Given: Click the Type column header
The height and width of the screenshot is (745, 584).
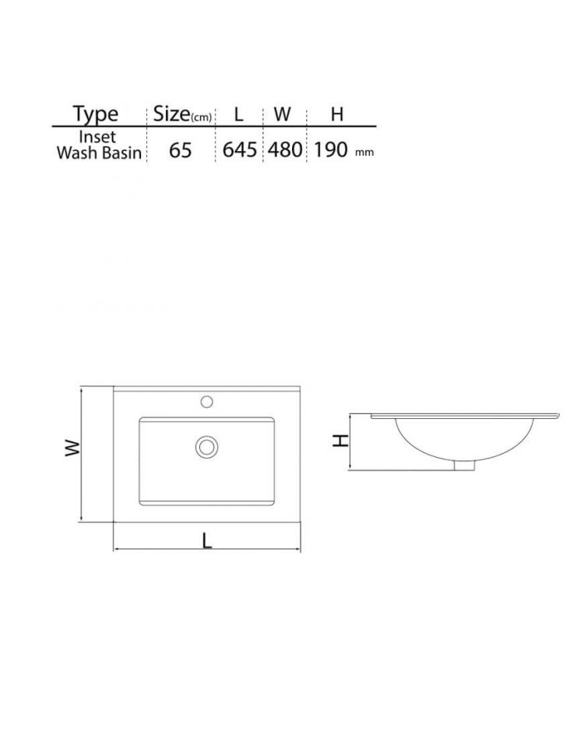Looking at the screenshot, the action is [x=96, y=114].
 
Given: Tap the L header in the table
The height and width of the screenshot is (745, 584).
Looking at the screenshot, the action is [x=238, y=114].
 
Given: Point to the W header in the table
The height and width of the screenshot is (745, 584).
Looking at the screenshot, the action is [x=282, y=114].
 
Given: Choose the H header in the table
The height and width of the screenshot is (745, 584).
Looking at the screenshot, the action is [x=337, y=114].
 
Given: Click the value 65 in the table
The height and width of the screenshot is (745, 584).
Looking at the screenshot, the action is [x=181, y=150].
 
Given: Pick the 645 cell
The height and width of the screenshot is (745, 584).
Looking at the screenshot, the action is [x=240, y=149].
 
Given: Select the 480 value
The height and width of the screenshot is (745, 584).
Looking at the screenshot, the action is [x=285, y=149].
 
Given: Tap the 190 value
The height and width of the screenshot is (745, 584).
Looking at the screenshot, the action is [x=331, y=149].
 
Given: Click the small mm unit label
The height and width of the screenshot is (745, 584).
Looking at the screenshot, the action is [x=364, y=153].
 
